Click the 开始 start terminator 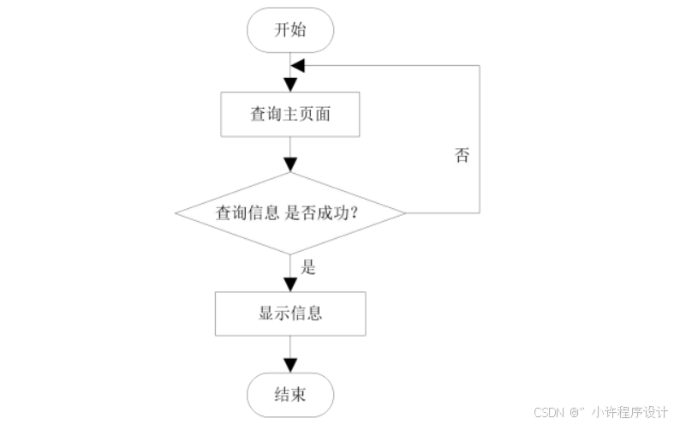tap(290, 31)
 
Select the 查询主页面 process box tap(290, 114)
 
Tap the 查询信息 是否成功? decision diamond tap(290, 212)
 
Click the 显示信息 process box tap(290, 314)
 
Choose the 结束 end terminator tap(290, 396)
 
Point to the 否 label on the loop tap(462, 156)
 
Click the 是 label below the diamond tap(308, 267)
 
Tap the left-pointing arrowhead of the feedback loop tap(297, 66)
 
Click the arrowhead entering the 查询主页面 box tap(290, 85)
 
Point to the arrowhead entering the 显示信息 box tap(290, 284)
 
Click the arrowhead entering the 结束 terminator tap(290, 367)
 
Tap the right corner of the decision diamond tap(405, 212)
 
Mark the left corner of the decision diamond tap(176, 212)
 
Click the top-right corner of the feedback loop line tap(480, 66)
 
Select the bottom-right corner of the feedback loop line tap(480, 212)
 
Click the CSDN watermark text tap(552, 412)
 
